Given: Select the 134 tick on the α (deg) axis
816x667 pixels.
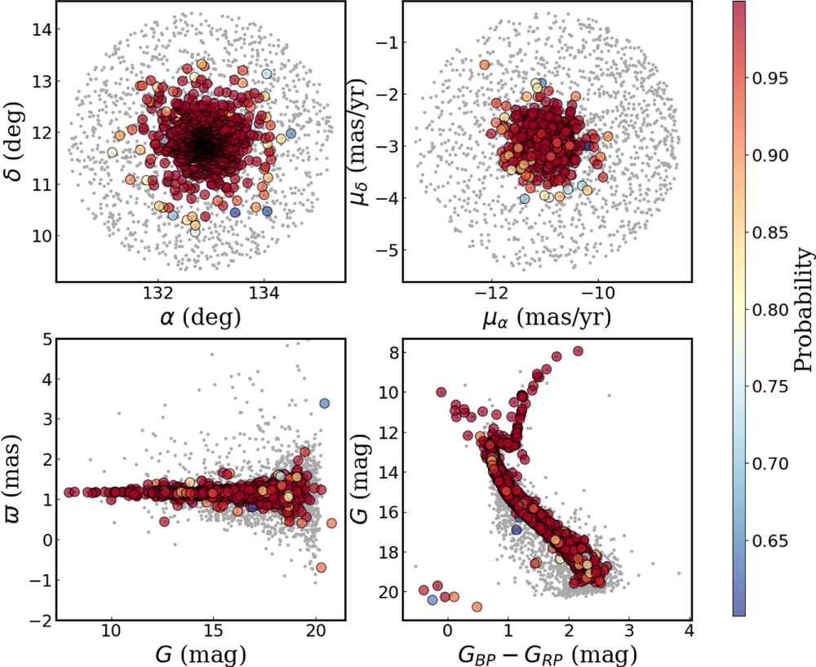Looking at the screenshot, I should [265, 293].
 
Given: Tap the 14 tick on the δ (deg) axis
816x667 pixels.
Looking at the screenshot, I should [42, 30].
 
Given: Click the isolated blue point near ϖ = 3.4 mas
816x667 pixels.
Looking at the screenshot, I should [324, 404].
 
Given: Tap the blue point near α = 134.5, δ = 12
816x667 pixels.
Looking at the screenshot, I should [290, 133].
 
